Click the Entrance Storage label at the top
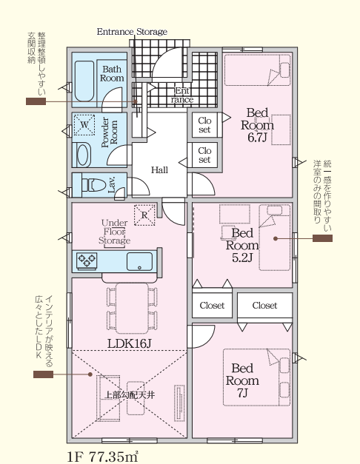pyautogui.click(x=132, y=32)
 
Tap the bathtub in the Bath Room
pyautogui.click(x=84, y=81)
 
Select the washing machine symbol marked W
pyautogui.click(x=84, y=125)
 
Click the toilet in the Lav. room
pyautogui.click(x=93, y=185)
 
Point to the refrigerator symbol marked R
pyautogui.click(x=144, y=215)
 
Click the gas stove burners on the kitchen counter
pyautogui.click(x=87, y=260)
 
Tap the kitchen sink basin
pyautogui.click(x=139, y=261)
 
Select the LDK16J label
pyautogui.click(x=130, y=343)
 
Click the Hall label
pyautogui.click(x=159, y=170)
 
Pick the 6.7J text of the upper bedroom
pyautogui.click(x=257, y=138)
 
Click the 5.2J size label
pyautogui.click(x=242, y=258)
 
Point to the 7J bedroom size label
pyautogui.click(x=242, y=393)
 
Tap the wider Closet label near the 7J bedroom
pyautogui.click(x=264, y=305)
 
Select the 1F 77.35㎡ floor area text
pyautogui.click(x=103, y=457)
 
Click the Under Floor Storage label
pyautogui.click(x=114, y=232)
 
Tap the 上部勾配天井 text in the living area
pyautogui.click(x=130, y=394)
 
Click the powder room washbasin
pyautogui.click(x=83, y=155)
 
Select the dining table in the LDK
pyautogui.click(x=132, y=309)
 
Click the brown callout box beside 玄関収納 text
pyautogui.click(x=36, y=101)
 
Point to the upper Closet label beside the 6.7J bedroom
pyautogui.click(x=204, y=125)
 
